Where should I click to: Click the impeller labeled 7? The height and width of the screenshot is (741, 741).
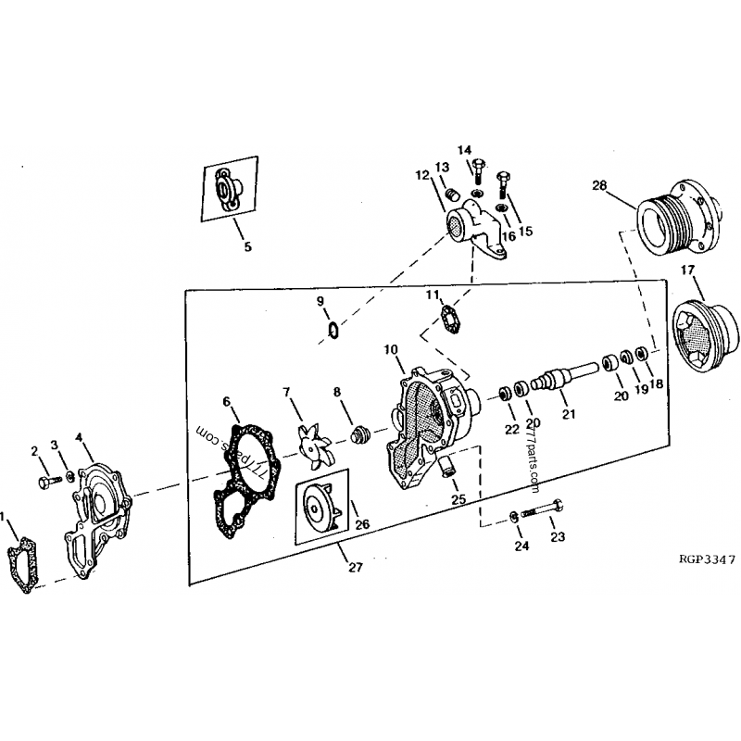(x=311, y=446)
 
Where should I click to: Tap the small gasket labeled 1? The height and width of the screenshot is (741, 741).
(x=21, y=565)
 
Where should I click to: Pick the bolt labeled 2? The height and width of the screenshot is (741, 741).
(x=49, y=482)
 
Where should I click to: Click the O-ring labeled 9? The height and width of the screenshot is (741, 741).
(x=333, y=331)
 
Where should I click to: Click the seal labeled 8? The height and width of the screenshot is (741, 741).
(x=360, y=433)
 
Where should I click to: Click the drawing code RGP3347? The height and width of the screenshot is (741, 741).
(x=707, y=559)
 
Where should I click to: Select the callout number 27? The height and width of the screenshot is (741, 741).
(x=356, y=567)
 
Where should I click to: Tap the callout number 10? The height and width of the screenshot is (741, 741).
(x=391, y=350)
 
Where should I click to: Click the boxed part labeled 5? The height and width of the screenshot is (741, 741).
(x=230, y=188)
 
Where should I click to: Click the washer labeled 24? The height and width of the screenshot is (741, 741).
(x=514, y=517)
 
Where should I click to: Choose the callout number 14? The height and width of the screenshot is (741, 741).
(x=464, y=150)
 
